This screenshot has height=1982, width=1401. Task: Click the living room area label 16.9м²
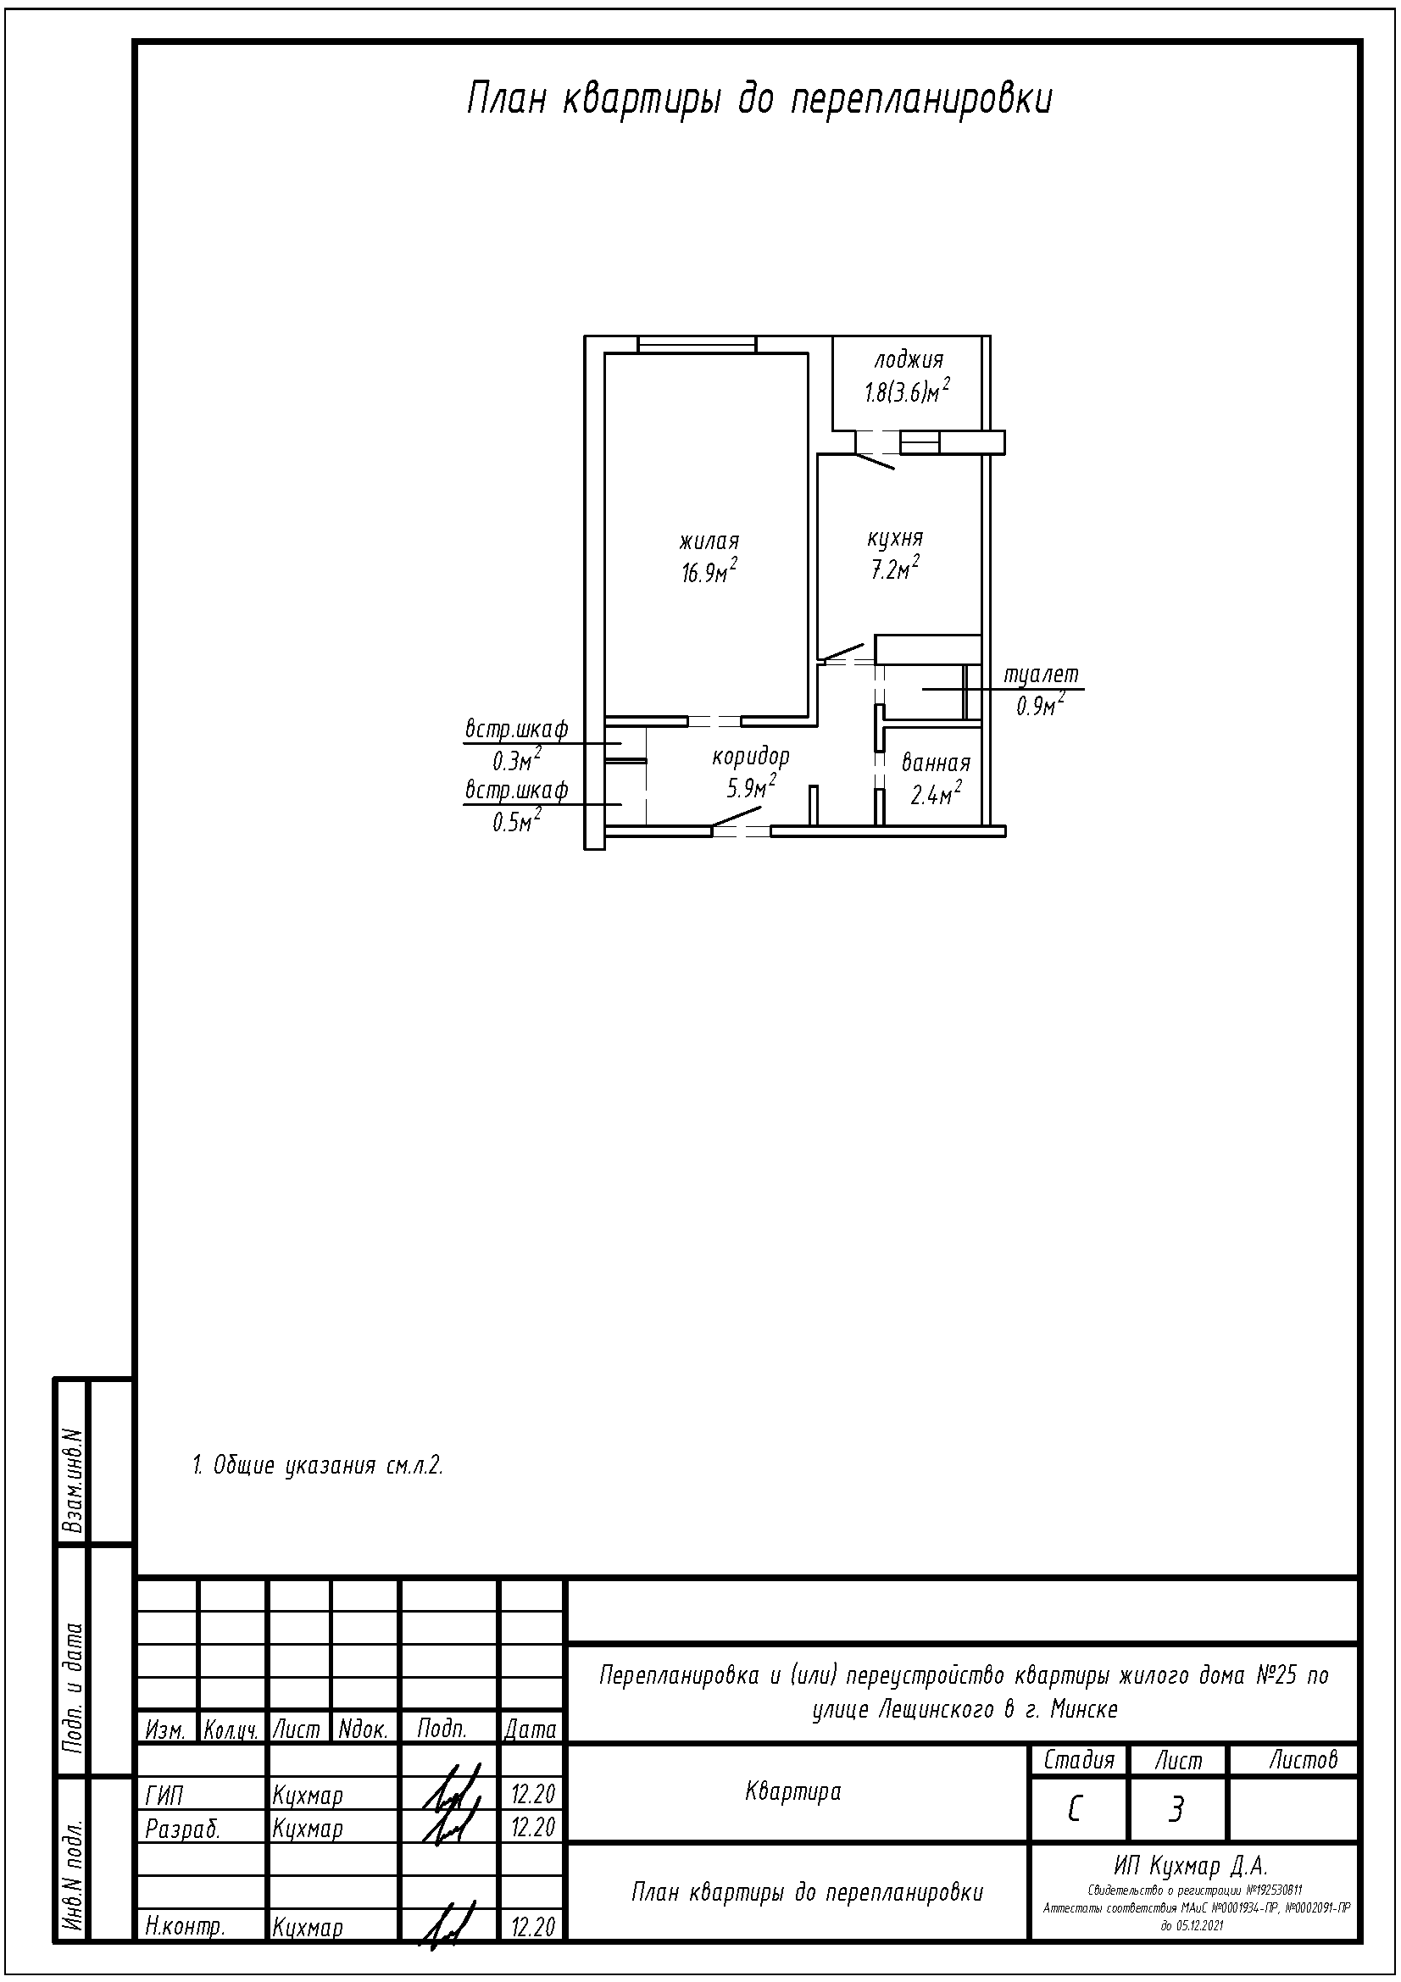709,571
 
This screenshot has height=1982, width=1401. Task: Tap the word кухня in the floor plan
895,539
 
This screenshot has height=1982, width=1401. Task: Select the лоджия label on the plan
909,360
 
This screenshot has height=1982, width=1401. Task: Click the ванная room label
936,763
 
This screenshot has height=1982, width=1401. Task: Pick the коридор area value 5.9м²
751,786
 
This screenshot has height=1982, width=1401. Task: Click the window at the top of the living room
698,344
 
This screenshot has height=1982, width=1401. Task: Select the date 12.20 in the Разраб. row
532,1828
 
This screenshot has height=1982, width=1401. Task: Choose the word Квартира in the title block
792,1792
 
